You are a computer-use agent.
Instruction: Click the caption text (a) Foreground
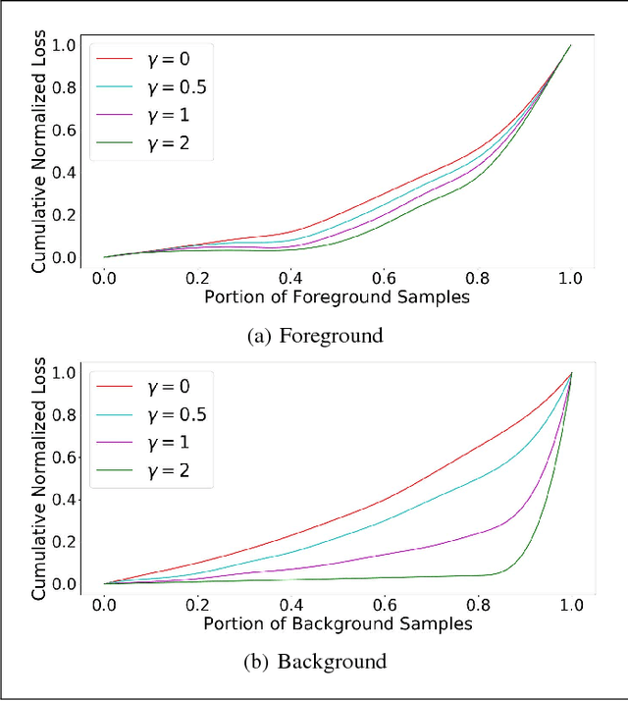(x=313, y=335)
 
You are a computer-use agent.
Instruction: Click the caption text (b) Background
(x=313, y=661)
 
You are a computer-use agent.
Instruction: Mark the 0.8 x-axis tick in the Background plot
(x=477, y=605)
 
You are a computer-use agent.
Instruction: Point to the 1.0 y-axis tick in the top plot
(x=64, y=45)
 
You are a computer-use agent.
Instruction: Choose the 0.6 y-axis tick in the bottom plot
(x=64, y=457)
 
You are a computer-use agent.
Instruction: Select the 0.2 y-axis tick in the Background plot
(x=64, y=541)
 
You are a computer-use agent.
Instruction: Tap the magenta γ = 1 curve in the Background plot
(x=392, y=551)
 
